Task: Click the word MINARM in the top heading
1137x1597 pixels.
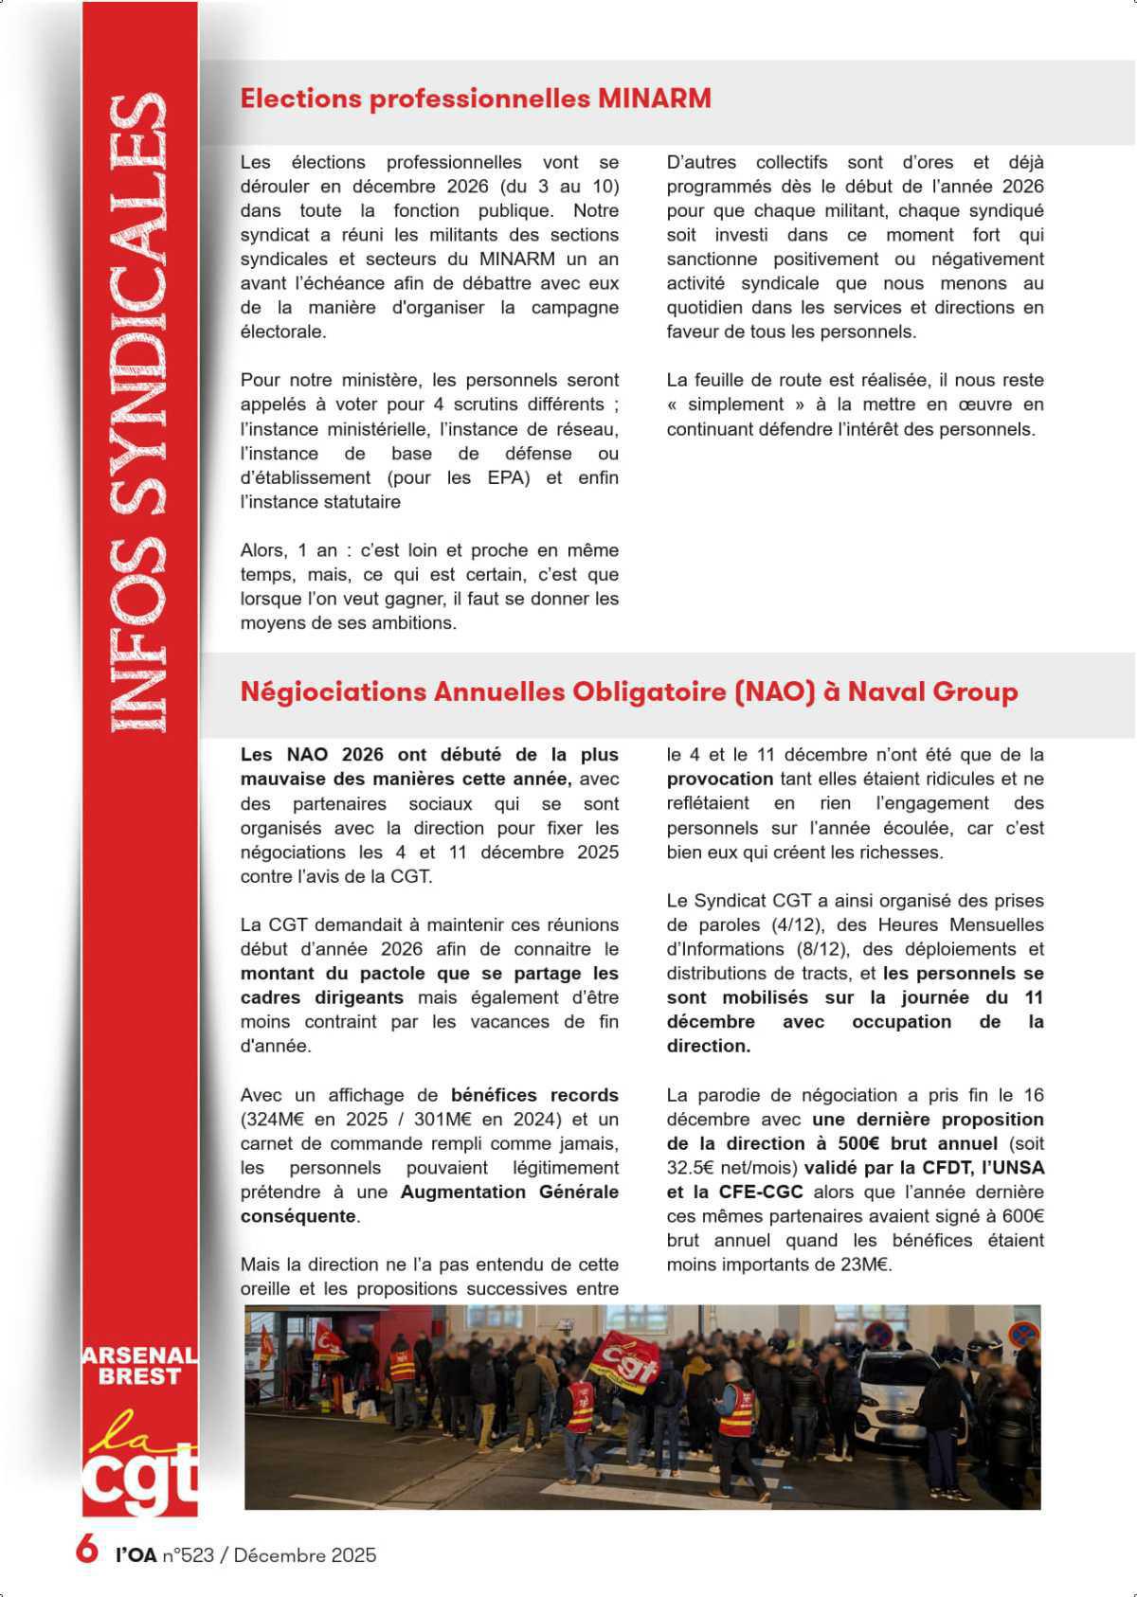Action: coord(654,99)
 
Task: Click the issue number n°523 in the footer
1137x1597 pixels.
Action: coord(189,1555)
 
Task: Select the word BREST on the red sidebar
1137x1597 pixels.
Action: coord(138,1376)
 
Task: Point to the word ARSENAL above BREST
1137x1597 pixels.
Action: coord(138,1355)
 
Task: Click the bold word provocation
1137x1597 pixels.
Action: coord(720,780)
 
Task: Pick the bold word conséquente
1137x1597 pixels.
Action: coord(298,1216)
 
